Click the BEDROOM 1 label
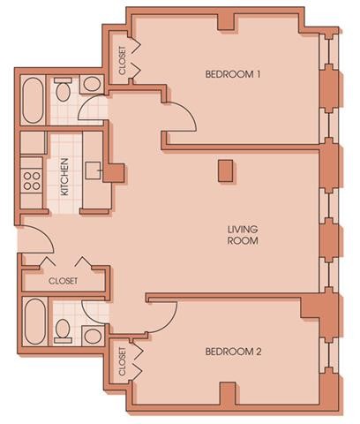pos(233,74)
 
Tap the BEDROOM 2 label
pos(233,351)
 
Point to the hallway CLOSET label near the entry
pos(62,280)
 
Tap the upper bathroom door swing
pos(91,109)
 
